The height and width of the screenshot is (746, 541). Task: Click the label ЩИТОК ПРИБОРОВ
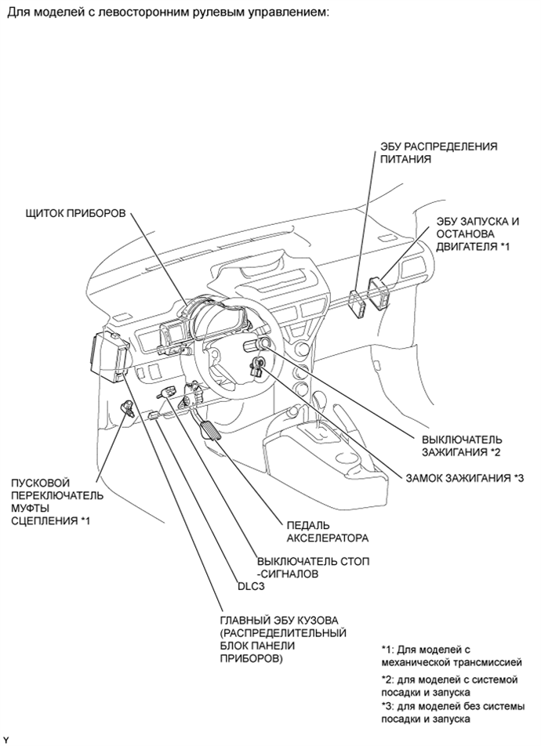[x=76, y=213]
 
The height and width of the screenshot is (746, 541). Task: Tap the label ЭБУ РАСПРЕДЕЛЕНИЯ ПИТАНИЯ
[x=438, y=153]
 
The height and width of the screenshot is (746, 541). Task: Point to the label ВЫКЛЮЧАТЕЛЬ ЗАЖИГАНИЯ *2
[x=462, y=446]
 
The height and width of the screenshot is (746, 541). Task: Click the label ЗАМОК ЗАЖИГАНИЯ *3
[x=465, y=478]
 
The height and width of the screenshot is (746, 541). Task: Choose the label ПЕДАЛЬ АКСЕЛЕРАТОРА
[x=328, y=532]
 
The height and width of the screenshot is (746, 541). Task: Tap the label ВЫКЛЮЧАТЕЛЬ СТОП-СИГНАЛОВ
[x=314, y=567]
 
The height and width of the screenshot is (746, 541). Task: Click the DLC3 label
[x=251, y=587]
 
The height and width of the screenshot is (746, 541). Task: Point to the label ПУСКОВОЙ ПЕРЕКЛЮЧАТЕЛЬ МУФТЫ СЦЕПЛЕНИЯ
[x=57, y=502]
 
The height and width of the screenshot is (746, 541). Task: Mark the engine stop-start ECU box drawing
[x=378, y=294]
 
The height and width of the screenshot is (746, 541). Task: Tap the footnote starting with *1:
[x=452, y=656]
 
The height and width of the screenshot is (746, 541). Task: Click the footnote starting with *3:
[x=453, y=712]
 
